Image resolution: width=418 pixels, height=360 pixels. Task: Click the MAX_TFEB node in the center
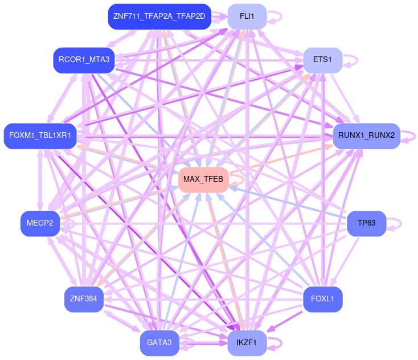(x=203, y=179)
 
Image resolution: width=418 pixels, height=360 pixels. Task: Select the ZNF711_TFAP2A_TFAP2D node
(x=159, y=17)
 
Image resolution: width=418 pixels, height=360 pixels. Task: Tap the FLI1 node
(x=247, y=17)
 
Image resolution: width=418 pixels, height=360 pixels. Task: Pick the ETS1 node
(x=322, y=59)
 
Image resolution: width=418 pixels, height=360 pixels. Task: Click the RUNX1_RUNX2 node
(x=366, y=135)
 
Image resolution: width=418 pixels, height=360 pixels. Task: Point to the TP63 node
(x=366, y=223)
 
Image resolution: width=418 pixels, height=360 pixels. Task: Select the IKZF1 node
(x=247, y=342)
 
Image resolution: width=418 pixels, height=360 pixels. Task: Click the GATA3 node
(x=159, y=342)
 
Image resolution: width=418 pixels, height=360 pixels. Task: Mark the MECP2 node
(x=40, y=223)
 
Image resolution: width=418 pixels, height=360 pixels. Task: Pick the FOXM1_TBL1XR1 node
(x=40, y=135)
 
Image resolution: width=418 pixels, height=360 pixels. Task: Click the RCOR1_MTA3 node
(x=84, y=59)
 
